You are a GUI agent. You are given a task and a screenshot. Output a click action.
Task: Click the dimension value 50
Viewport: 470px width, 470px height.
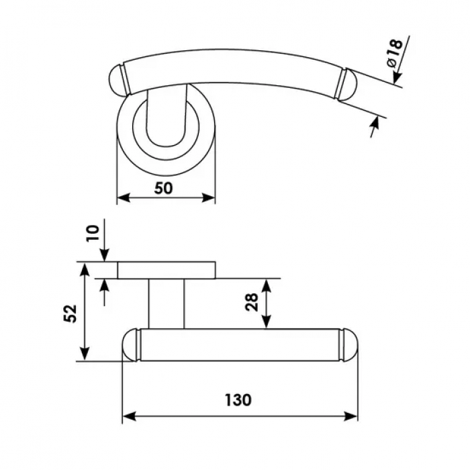coord(163,188)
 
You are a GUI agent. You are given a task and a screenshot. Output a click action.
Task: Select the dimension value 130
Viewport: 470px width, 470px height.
coord(238,400)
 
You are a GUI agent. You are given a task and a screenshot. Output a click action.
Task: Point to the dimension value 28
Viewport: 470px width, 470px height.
coord(251,302)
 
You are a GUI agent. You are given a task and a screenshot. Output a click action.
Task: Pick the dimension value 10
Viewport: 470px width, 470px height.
coord(93,233)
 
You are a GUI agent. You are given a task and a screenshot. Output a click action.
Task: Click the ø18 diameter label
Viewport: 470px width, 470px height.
coord(394,53)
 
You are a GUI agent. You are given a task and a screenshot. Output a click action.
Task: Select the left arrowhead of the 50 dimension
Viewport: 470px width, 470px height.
coord(123,198)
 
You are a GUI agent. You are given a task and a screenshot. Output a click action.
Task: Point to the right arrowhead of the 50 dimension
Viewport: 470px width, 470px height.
coord(209,198)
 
